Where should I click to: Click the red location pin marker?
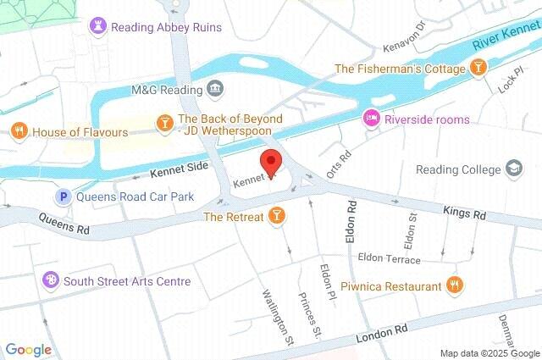coord(271,162)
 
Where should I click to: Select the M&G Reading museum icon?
coord(215,88)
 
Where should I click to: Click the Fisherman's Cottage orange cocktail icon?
coord(479,68)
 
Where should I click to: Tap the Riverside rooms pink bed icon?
coord(370,119)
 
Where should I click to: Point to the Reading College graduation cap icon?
coord(513,169)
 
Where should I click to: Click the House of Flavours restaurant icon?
coord(19,132)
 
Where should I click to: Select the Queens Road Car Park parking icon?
coord(62,197)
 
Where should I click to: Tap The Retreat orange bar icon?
coord(275,218)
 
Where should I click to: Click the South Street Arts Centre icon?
coord(52,280)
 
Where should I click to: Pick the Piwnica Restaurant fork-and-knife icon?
coord(455,286)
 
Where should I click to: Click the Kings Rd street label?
coord(464,214)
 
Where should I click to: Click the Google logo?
coord(28,350)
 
